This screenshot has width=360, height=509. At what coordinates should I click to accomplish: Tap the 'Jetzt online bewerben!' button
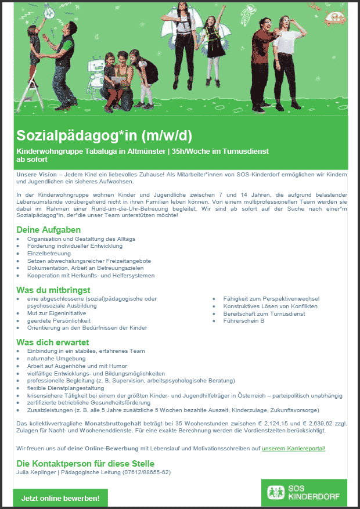pos(60,498)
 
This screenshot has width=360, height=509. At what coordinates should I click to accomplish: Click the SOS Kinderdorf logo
pos(304,493)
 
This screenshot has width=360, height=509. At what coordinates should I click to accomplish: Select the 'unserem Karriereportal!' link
pos(294,449)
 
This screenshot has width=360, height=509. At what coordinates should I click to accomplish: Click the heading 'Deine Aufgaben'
pos(48,230)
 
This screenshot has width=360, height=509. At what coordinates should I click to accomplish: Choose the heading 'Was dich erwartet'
pos(52,342)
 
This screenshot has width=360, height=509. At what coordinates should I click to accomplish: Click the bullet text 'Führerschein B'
pos(243,320)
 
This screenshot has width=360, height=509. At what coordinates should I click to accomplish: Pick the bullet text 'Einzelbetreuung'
pos(49,254)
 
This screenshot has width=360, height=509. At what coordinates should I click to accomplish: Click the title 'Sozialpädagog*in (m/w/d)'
pos(104,137)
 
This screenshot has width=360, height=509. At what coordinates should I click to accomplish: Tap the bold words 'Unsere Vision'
pos(37,175)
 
